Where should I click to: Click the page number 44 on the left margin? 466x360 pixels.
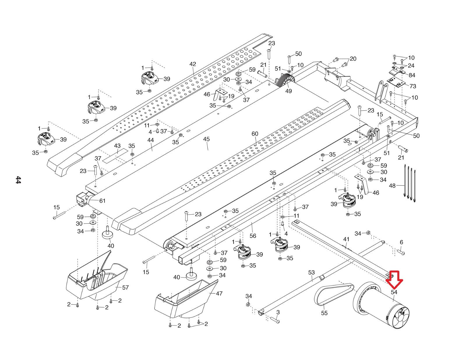coord(18,180)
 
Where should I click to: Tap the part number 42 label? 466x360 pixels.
coord(193,64)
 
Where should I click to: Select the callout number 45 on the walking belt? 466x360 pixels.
coord(206,139)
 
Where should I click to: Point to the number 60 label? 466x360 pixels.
coord(255,134)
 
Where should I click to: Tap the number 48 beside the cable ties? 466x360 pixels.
coord(392,186)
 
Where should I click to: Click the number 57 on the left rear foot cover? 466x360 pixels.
coord(125,287)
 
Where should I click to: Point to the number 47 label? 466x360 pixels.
coord(219,294)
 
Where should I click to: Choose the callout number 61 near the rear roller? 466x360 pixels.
coord(102,201)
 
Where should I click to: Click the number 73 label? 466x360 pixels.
coord(413,86)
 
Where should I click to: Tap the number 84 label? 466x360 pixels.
coord(412,75)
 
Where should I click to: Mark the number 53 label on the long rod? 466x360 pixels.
coord(311,273)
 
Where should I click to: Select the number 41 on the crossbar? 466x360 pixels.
coord(346,239)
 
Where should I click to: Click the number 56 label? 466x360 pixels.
coord(253,236)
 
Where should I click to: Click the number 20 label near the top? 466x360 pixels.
coord(353,59)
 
